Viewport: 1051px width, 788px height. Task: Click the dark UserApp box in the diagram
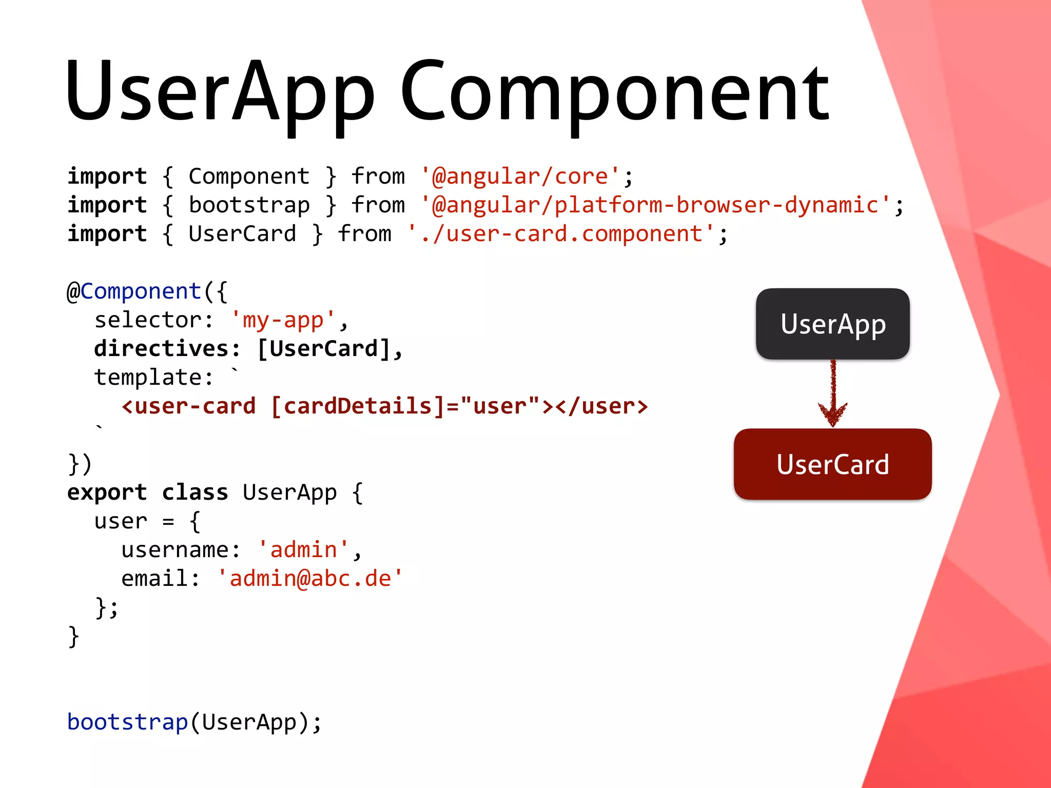(x=832, y=324)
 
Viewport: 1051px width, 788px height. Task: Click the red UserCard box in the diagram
(x=832, y=464)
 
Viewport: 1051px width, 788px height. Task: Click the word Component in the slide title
(x=614, y=92)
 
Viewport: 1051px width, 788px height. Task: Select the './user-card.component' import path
(x=561, y=234)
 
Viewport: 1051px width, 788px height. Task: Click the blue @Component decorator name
(x=141, y=291)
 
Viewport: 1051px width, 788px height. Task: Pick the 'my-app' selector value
(x=283, y=320)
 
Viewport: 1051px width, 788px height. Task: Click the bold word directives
(x=161, y=349)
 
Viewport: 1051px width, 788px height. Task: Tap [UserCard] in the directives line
(x=324, y=349)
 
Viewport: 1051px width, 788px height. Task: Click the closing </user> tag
(x=601, y=406)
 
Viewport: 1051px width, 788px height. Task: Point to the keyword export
(x=107, y=493)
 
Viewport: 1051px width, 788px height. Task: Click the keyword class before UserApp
(x=195, y=493)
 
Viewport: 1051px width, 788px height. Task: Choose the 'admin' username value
(x=303, y=550)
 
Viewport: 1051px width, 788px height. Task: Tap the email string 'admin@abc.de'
(x=310, y=579)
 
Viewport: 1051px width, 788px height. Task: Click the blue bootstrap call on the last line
(x=128, y=722)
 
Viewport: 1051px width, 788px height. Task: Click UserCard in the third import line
(x=242, y=234)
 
